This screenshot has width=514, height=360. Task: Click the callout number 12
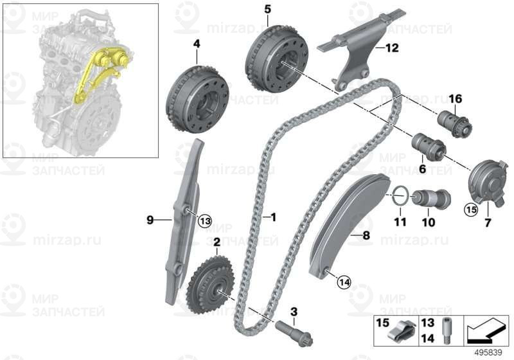click(391, 48)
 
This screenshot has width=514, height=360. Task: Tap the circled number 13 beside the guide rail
click(205, 221)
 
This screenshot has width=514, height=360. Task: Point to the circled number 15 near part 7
click(471, 209)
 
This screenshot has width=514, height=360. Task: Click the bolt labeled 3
click(294, 333)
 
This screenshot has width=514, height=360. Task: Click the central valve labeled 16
click(456, 124)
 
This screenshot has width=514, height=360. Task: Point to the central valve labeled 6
click(429, 147)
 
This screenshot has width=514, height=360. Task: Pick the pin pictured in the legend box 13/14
click(446, 330)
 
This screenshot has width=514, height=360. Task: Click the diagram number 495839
click(488, 353)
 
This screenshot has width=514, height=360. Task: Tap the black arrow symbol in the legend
click(486, 331)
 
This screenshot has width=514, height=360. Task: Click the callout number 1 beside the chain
click(273, 217)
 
